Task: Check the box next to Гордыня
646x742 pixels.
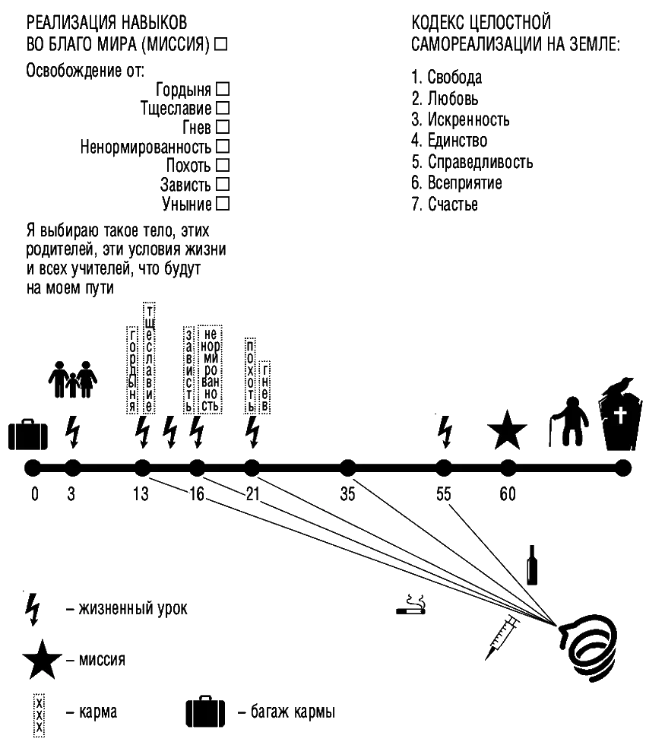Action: tap(223, 89)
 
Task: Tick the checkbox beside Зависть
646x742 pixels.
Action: tap(223, 185)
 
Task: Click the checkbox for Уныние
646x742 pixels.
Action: tap(223, 204)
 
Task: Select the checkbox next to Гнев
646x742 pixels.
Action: tap(223, 125)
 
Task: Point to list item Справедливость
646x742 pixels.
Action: tap(481, 163)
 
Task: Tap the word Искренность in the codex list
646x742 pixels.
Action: tap(468, 120)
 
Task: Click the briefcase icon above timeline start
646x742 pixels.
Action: tap(27, 433)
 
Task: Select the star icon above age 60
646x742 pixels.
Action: tap(507, 430)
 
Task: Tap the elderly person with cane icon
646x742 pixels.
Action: tap(570, 423)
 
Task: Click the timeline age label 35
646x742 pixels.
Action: tap(348, 495)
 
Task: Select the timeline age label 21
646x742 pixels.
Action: tap(252, 495)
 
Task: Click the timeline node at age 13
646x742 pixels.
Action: tap(141, 467)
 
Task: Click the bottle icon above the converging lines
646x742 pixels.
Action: tap(534, 564)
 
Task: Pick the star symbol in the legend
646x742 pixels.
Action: tap(41, 660)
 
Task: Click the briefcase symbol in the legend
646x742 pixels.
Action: tap(205, 712)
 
